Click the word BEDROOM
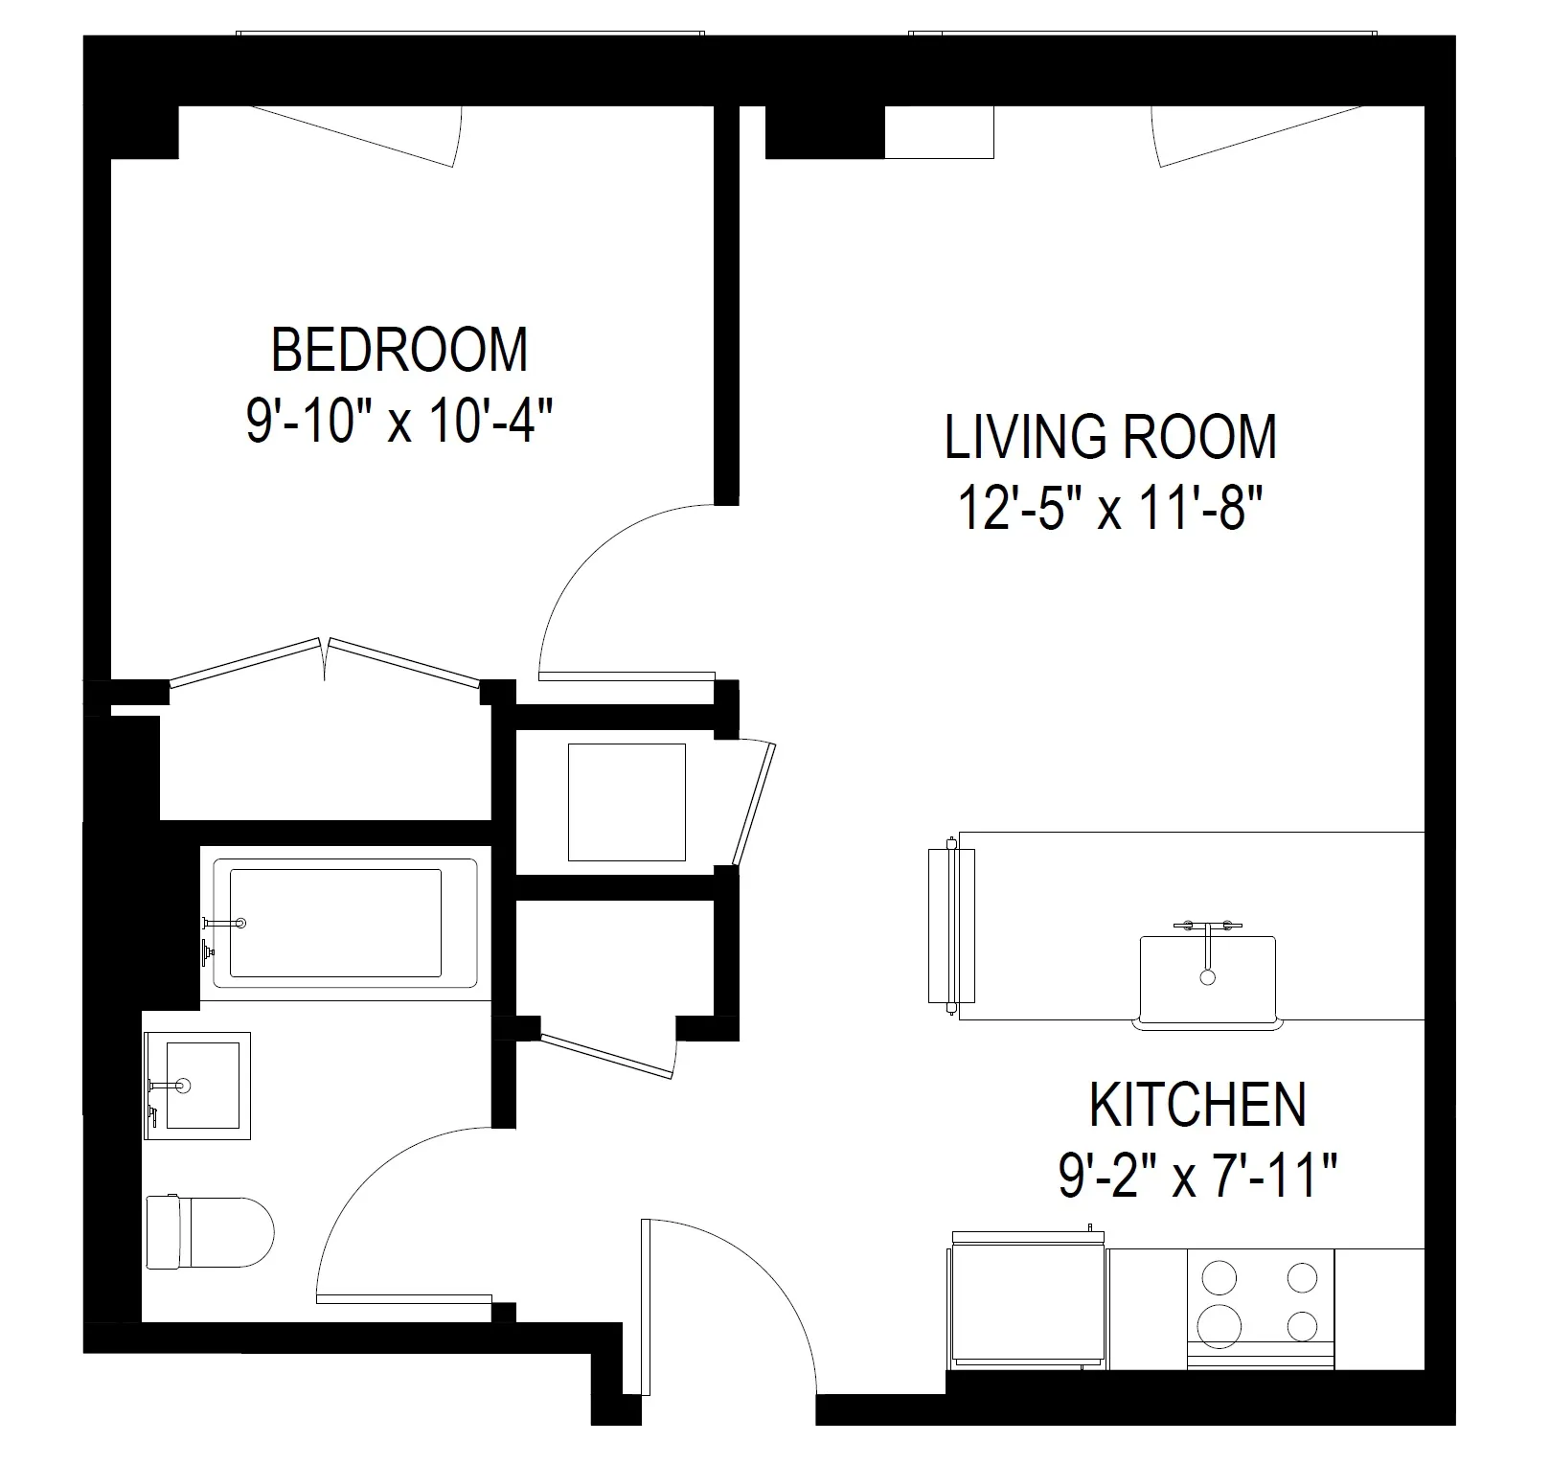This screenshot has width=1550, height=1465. pyautogui.click(x=399, y=350)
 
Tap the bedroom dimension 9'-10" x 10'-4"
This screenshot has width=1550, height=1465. pyautogui.click(x=399, y=423)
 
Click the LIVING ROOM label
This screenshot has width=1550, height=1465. pyautogui.click(x=1110, y=437)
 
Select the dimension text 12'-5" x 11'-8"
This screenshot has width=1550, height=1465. pyautogui.click(x=1110, y=508)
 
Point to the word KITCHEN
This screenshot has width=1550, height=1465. pyautogui.click(x=1197, y=1105)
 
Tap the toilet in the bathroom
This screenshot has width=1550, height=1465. pyautogui.click(x=211, y=1231)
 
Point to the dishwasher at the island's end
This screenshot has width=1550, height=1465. pyautogui.click(x=951, y=925)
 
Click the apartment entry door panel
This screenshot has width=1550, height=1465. pyautogui.click(x=633, y=1308)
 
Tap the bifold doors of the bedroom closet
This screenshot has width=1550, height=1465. pyautogui.click(x=324, y=661)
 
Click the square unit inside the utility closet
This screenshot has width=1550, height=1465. pyautogui.click(x=627, y=803)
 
